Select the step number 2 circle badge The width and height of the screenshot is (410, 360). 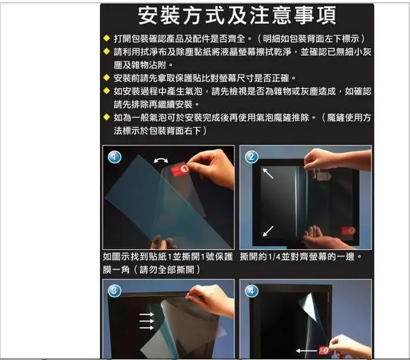[x=252, y=157]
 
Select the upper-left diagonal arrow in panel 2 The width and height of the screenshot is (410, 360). [x=270, y=175]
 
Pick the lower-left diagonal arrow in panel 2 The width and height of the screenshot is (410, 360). [x=269, y=230]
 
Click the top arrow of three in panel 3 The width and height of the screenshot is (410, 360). [x=146, y=315]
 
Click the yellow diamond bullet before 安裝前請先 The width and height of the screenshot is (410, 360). [x=107, y=77]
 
